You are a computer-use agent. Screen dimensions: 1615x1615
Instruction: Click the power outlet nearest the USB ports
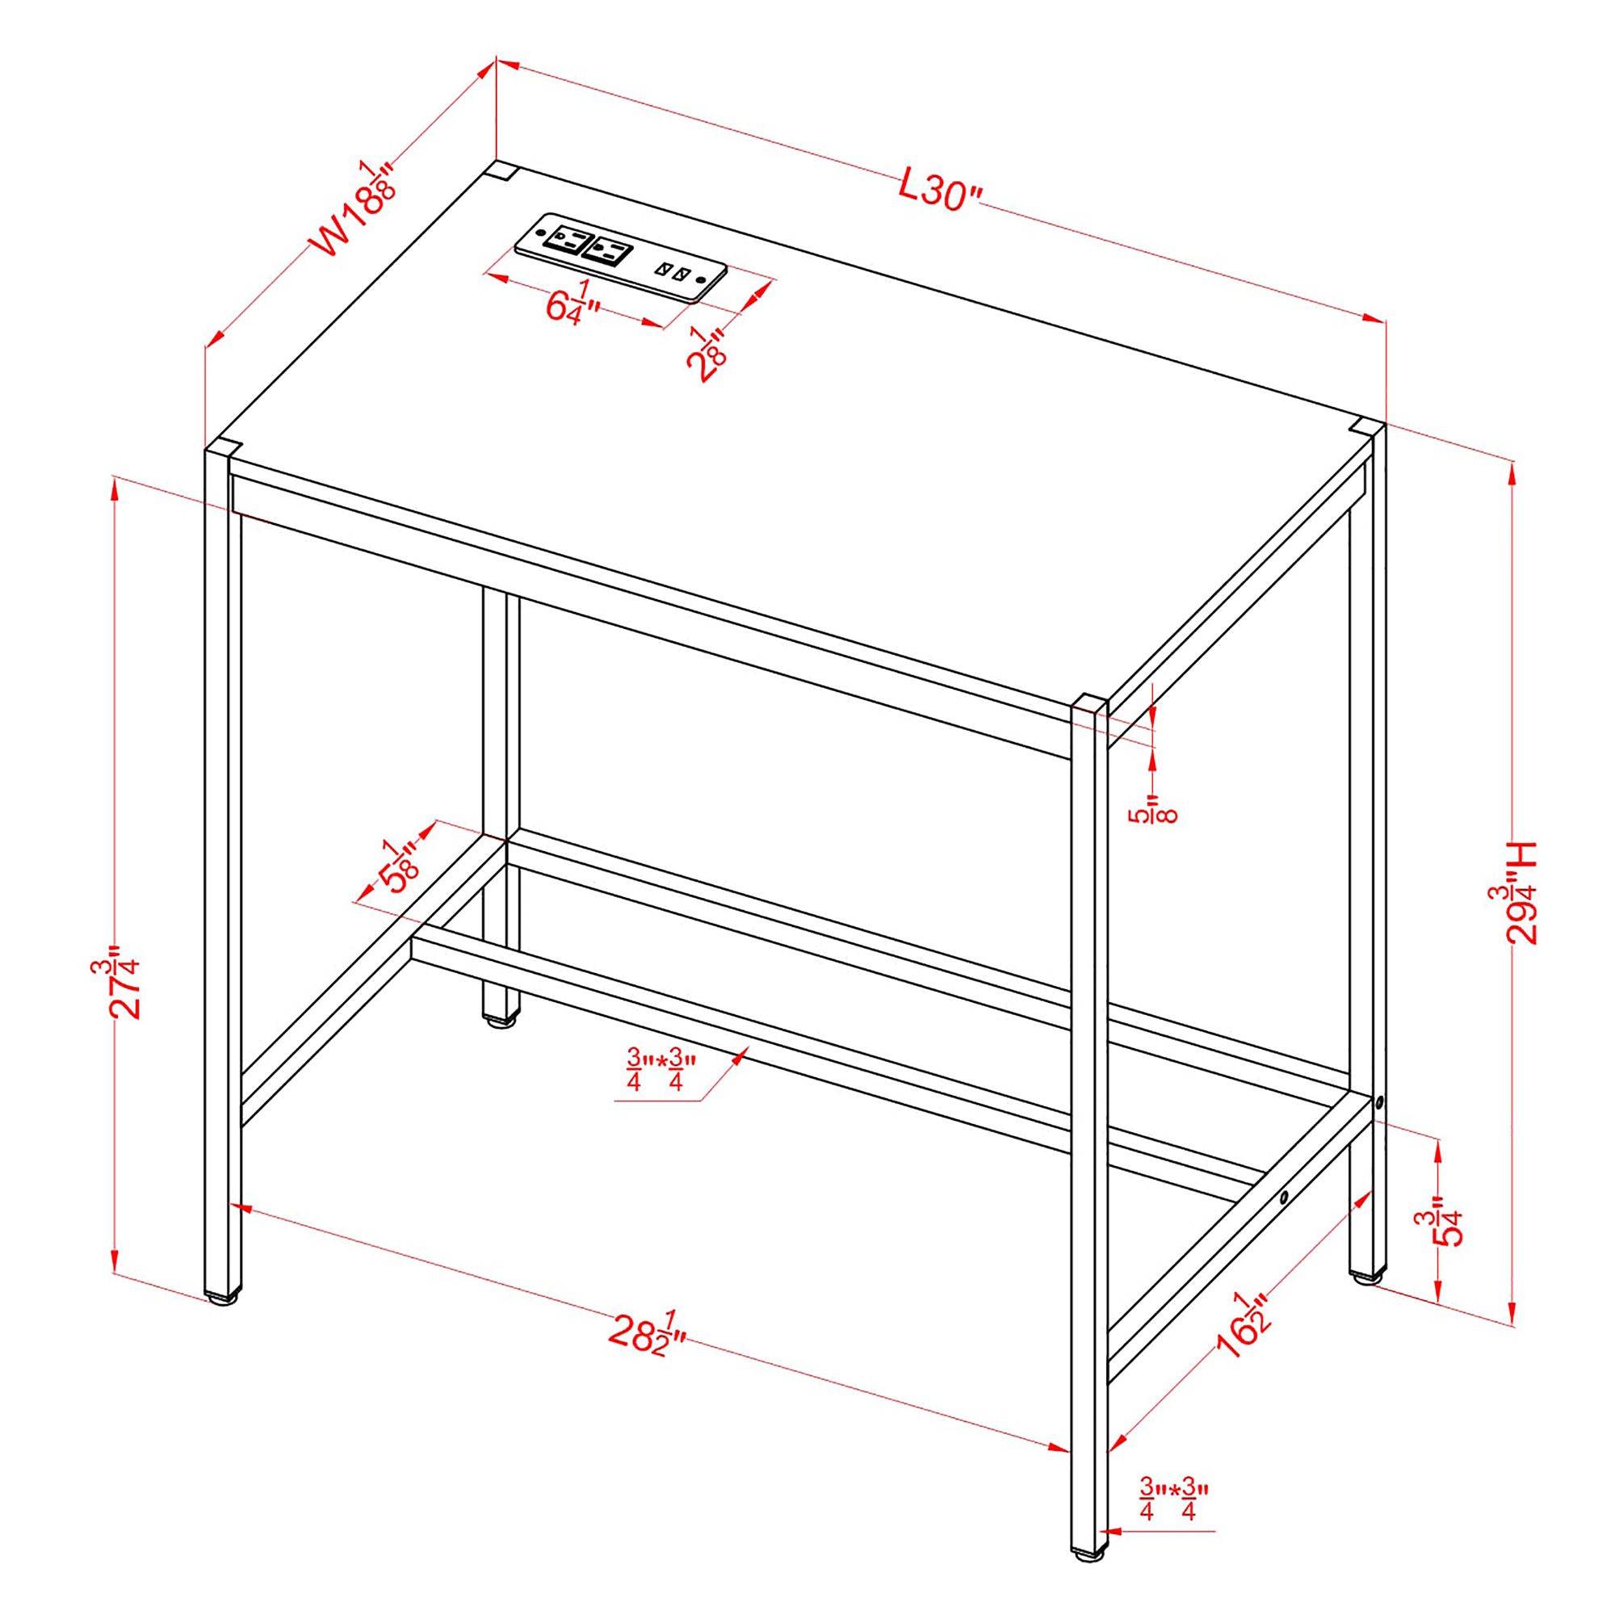pos(605,250)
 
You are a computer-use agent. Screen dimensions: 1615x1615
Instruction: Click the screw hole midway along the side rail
pos(1285,1197)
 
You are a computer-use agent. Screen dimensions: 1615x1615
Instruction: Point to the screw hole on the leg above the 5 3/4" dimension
pos(1379,1104)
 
